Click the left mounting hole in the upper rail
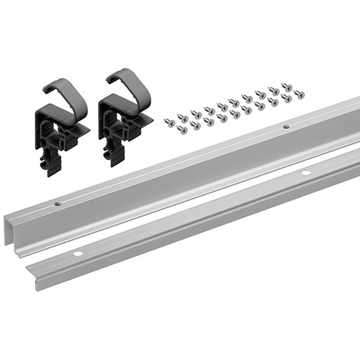(x=58, y=204)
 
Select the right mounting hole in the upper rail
(x=286, y=127)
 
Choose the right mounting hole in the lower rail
(x=306, y=173)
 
